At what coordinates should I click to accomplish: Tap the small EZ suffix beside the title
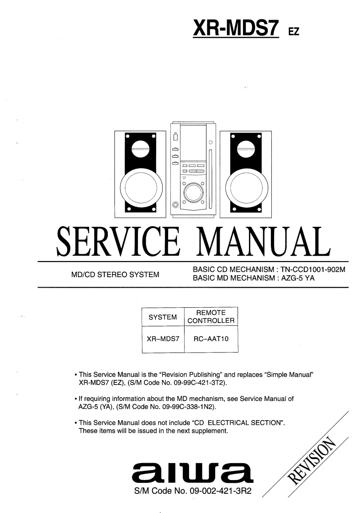tap(293, 32)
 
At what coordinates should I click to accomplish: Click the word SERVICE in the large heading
tap(117, 241)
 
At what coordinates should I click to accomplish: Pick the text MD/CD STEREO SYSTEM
tap(115, 275)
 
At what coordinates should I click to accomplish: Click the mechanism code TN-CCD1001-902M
tap(314, 270)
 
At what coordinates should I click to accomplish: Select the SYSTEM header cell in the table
tap(163, 317)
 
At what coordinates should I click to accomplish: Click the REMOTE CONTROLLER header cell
tap(211, 316)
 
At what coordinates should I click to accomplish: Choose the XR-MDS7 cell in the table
tap(163, 339)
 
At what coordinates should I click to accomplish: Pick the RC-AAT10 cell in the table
tap(211, 339)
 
